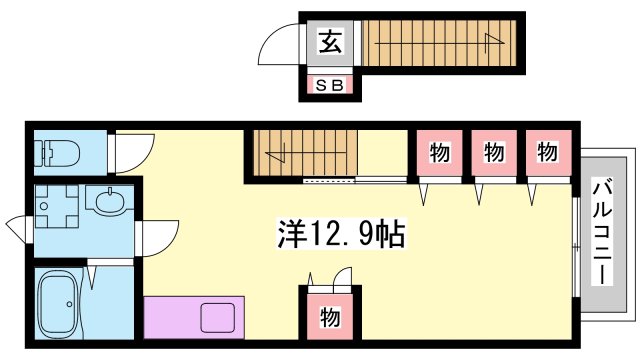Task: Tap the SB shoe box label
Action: (329, 86)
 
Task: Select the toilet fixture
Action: (59, 153)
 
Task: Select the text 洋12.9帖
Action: (339, 236)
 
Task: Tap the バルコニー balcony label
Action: (603, 231)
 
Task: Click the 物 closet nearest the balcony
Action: (546, 153)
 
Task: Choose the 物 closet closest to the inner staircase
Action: (438, 153)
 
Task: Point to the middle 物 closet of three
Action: (492, 153)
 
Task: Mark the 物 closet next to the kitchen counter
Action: (329, 318)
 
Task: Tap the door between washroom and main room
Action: (152, 239)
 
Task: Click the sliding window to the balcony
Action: (577, 244)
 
